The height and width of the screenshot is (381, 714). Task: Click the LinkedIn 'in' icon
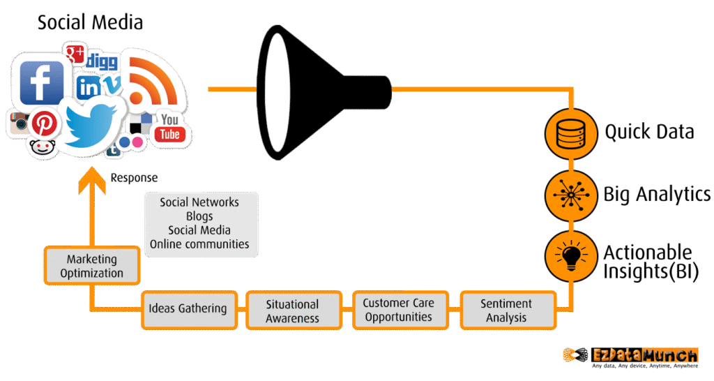(x=89, y=87)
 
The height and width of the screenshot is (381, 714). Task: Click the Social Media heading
(x=90, y=22)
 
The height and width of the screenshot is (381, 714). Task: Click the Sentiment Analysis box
(x=507, y=311)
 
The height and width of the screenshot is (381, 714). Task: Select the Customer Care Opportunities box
(x=398, y=310)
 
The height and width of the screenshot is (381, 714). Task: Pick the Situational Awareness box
(x=293, y=311)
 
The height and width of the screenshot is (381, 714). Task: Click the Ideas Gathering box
(x=188, y=308)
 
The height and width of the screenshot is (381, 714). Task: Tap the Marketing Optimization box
(x=91, y=267)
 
